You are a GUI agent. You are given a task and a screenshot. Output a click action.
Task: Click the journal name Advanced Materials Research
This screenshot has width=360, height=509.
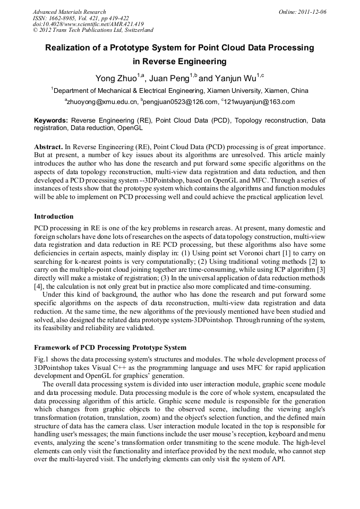click(x=69, y=12)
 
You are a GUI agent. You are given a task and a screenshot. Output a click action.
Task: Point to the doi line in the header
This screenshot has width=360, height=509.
click(x=88, y=24)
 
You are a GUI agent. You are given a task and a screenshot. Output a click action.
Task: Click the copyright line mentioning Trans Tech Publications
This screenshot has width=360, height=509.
click(x=93, y=30)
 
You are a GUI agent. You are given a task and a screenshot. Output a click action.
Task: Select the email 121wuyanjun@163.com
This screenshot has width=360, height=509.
click(x=260, y=102)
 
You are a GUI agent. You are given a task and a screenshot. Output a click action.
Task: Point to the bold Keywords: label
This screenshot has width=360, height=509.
click(x=51, y=120)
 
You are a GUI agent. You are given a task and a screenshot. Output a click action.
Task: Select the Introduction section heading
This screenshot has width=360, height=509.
click(x=54, y=217)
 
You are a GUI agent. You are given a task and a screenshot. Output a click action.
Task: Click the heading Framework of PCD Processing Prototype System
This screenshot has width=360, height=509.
click(x=110, y=348)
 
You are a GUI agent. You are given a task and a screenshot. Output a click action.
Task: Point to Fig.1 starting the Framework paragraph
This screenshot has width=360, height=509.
click(x=41, y=359)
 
